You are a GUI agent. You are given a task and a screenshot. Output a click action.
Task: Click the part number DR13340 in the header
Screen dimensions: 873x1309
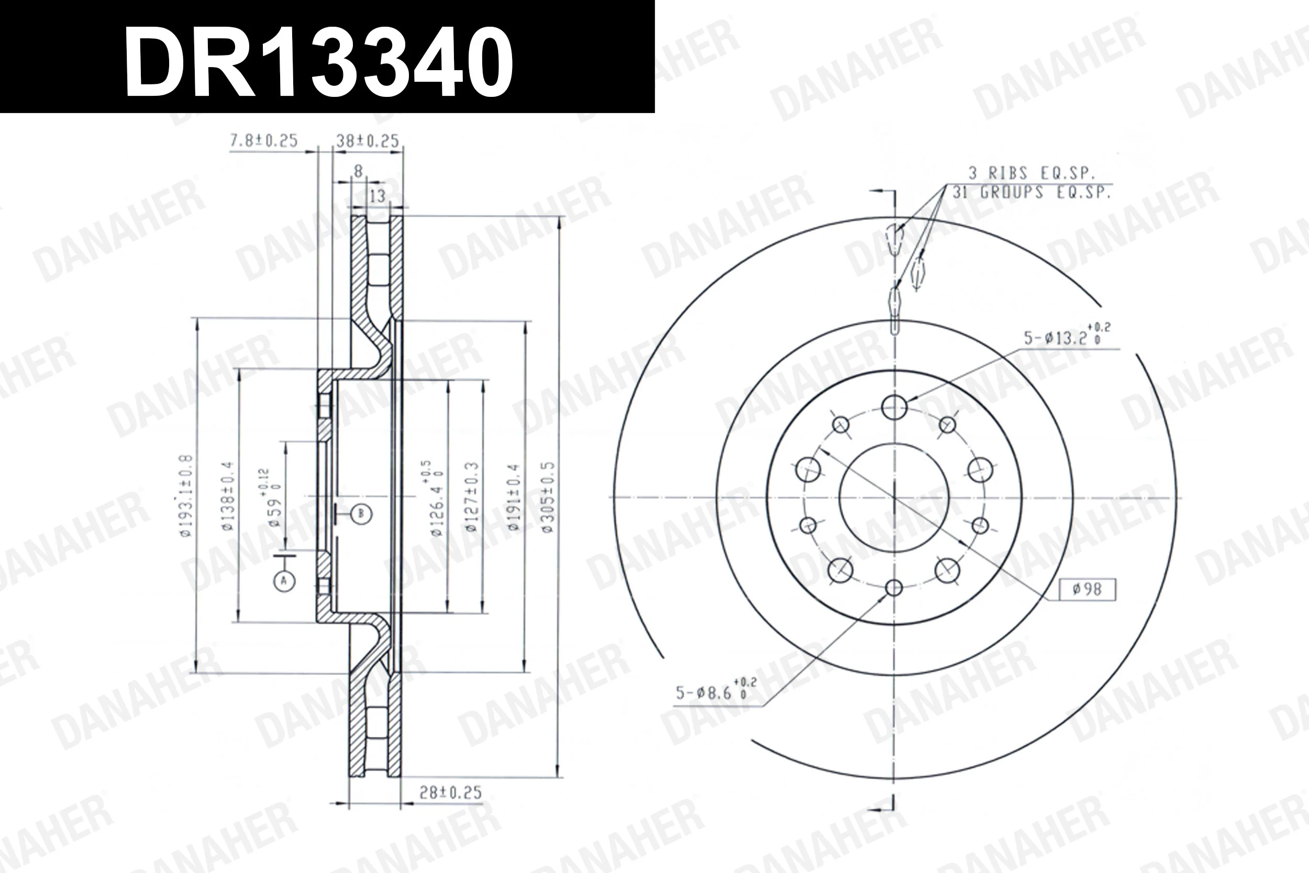pyautogui.click(x=318, y=61)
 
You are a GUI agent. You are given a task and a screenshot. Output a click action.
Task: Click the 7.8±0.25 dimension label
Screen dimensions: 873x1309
pyautogui.click(x=264, y=140)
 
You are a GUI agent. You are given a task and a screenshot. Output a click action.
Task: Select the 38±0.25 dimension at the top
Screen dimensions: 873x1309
pyautogui.click(x=368, y=141)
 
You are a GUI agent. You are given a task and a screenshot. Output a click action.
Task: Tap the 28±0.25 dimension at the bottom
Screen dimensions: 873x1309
pyautogui.click(x=450, y=792)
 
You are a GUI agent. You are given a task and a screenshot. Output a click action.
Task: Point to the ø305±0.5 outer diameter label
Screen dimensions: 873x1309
pyautogui.click(x=548, y=496)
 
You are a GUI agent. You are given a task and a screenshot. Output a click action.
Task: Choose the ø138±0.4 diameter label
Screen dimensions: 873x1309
pyautogui.click(x=228, y=495)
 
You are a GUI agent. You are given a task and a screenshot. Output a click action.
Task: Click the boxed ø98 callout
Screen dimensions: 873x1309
pyautogui.click(x=1087, y=590)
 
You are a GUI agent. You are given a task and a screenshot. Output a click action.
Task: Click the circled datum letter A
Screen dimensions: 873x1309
pyautogui.click(x=284, y=581)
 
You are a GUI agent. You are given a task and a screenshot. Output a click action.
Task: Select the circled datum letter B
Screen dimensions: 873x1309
pyautogui.click(x=361, y=513)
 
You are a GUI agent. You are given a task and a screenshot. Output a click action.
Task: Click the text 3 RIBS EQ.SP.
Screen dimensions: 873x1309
pyautogui.click(x=1031, y=173)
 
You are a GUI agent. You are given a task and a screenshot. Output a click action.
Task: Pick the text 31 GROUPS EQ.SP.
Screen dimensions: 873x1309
pyautogui.click(x=1031, y=193)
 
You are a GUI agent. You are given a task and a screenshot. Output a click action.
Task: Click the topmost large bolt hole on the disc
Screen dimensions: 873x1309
pyautogui.click(x=894, y=407)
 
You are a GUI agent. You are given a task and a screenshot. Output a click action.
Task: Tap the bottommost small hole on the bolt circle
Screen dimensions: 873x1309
pyautogui.click(x=893, y=588)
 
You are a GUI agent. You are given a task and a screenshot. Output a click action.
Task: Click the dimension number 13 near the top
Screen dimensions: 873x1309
pyautogui.click(x=378, y=196)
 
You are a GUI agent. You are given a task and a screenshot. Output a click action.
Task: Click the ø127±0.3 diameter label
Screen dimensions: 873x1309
pyautogui.click(x=471, y=496)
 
